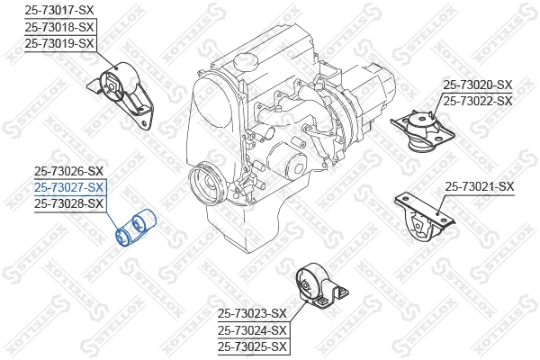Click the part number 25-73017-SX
coord(58,9)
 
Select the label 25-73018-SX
coord(58,26)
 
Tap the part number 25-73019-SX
coord(58,42)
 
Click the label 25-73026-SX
coord(69,171)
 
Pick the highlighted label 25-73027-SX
coord(69,187)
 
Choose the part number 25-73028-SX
coord(69,204)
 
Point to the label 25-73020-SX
coord(477,85)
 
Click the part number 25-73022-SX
coord(477,101)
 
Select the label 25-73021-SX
coord(480,187)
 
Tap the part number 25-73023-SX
coord(252,313)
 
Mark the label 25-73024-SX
coord(252,329)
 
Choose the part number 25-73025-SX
coord(252,346)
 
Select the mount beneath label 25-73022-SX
coord(423,133)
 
